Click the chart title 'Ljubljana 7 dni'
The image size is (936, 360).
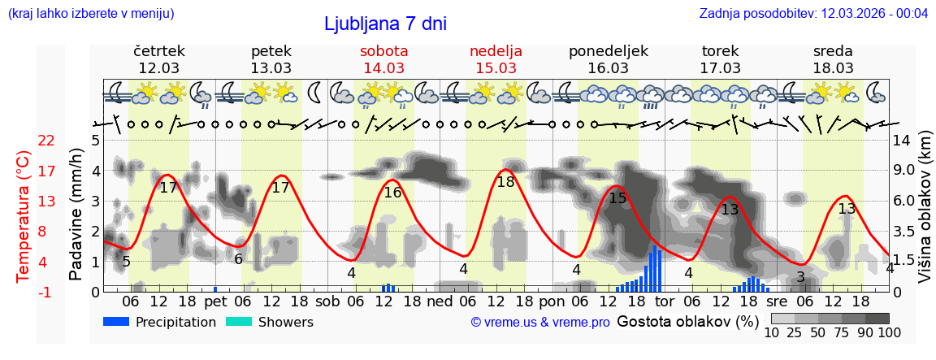385,24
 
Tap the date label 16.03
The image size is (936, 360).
608,68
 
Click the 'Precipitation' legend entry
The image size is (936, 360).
160,322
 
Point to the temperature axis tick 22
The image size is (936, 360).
46,141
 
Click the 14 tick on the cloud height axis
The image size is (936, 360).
901,141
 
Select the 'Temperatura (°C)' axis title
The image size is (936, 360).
24,216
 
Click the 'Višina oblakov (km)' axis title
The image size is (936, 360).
924,216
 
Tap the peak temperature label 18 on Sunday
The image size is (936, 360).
505,182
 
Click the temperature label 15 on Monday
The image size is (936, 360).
617,197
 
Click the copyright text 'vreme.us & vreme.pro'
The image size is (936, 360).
540,323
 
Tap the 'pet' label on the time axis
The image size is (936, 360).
214,301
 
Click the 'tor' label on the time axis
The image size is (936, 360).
664,301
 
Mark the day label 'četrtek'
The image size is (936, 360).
158,51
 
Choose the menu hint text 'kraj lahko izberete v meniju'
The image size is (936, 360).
90,14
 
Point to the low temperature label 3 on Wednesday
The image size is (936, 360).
800,278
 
